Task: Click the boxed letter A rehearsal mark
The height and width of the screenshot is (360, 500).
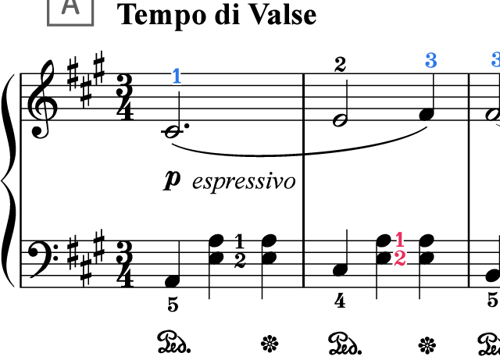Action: pyautogui.click(x=70, y=12)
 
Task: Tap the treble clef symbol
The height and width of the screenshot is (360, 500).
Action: pyautogui.click(x=42, y=99)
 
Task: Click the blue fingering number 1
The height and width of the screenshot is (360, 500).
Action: pyautogui.click(x=177, y=77)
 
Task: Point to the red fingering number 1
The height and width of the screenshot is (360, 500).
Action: pyautogui.click(x=400, y=240)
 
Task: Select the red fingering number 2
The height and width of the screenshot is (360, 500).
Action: pyautogui.click(x=400, y=258)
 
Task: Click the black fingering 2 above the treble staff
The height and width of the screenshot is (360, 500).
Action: pyautogui.click(x=341, y=65)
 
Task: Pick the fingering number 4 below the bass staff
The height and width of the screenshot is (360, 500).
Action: pyautogui.click(x=340, y=301)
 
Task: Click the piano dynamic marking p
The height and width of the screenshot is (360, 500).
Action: pyautogui.click(x=172, y=180)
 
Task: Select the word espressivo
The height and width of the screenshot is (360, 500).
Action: pyautogui.click(x=244, y=181)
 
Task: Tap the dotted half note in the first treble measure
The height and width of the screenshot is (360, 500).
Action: pyautogui.click(x=173, y=131)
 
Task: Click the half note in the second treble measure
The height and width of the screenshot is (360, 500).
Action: pyautogui.click(x=340, y=120)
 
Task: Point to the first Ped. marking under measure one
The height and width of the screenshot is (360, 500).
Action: pyautogui.click(x=173, y=343)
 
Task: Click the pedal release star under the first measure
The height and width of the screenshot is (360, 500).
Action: pyautogui.click(x=270, y=344)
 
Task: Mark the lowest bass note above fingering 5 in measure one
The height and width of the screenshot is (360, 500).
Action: pyautogui.click(x=173, y=281)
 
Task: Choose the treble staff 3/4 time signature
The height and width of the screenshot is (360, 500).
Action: pyautogui.click(x=125, y=98)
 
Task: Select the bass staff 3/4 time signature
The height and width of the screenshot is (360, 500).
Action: pyautogui.click(x=125, y=264)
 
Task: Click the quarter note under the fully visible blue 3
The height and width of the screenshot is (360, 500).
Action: pyautogui.click(x=427, y=114)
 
